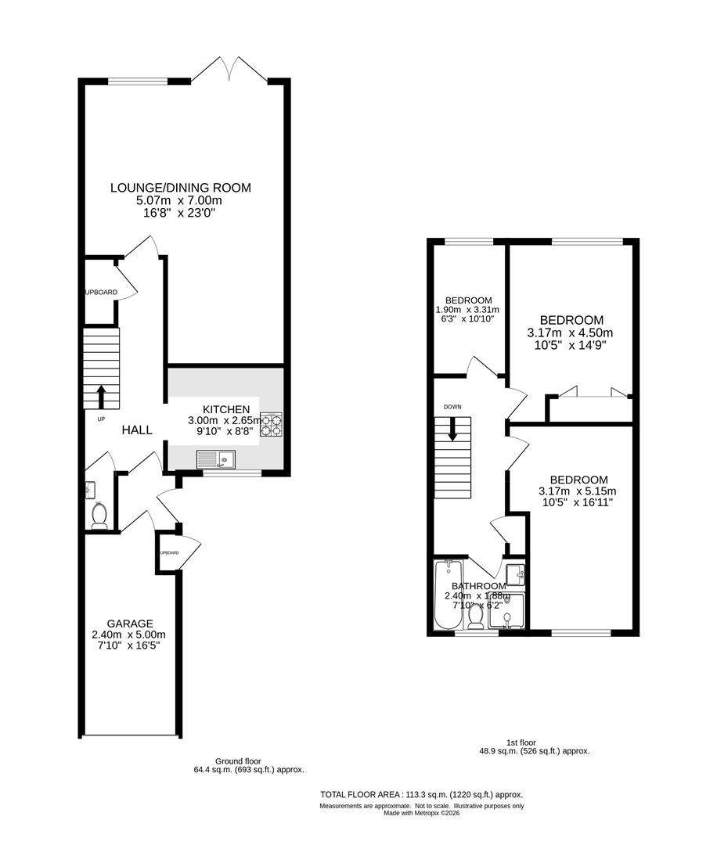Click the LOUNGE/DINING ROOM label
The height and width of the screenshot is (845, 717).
pyautogui.click(x=181, y=188)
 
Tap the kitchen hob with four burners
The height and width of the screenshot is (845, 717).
pyautogui.click(x=271, y=423)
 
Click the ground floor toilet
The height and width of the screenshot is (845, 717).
pyautogui.click(x=99, y=516)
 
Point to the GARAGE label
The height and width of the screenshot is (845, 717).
pyautogui.click(x=130, y=624)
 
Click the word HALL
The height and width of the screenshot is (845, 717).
pyautogui.click(x=137, y=430)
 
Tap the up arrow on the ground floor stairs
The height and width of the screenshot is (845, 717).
pyautogui.click(x=101, y=395)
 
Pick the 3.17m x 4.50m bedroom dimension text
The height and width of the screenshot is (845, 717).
pyautogui.click(x=571, y=333)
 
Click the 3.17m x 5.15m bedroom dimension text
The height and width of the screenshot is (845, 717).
pyautogui.click(x=578, y=491)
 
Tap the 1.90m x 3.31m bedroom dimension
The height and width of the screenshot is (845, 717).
pyautogui.click(x=467, y=310)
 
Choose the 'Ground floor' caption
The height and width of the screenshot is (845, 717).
pyautogui.click(x=238, y=760)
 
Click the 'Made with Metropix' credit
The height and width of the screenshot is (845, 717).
pyautogui.click(x=421, y=813)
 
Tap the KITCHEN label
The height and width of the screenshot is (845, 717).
pyautogui.click(x=226, y=409)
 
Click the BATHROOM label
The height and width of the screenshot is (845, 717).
pyautogui.click(x=478, y=586)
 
